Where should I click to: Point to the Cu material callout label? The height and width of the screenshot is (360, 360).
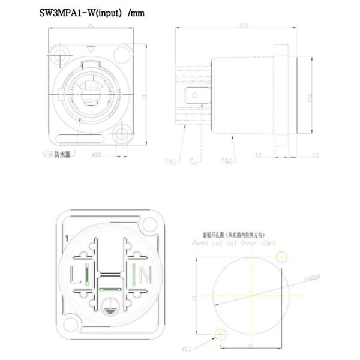pos(194,161)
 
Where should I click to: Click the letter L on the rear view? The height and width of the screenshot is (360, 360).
pos(75,276)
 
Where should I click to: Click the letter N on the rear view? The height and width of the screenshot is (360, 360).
pos(145,276)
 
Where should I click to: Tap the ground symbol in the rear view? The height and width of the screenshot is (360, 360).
pos(109,304)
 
